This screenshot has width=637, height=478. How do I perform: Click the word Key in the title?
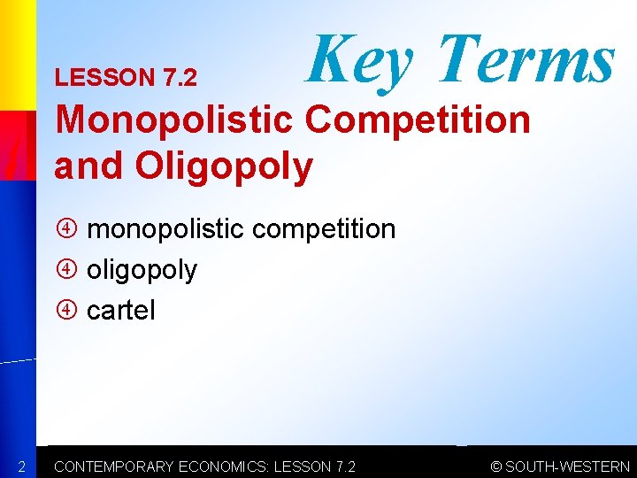(359, 58)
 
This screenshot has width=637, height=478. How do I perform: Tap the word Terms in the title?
(526, 58)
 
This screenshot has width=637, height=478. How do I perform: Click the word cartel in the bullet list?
(120, 311)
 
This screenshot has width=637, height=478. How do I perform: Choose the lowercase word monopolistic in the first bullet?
(165, 229)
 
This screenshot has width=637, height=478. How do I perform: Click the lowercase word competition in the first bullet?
(324, 229)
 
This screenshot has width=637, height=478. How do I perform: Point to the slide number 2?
(22, 466)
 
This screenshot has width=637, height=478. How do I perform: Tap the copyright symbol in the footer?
(496, 466)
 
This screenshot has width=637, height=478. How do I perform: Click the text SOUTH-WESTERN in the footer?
(567, 466)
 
